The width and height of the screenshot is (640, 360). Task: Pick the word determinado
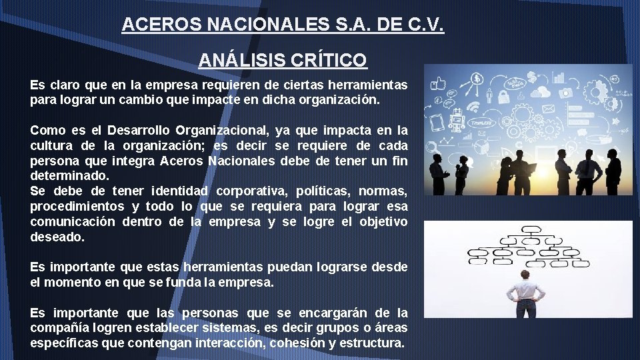pos(69,176)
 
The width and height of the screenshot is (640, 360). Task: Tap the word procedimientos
pos(77,206)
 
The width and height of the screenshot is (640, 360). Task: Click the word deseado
pos(57,237)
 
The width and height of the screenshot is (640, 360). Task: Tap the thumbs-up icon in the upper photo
pos(438,84)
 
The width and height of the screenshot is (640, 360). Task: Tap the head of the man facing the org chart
pos(527,275)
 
